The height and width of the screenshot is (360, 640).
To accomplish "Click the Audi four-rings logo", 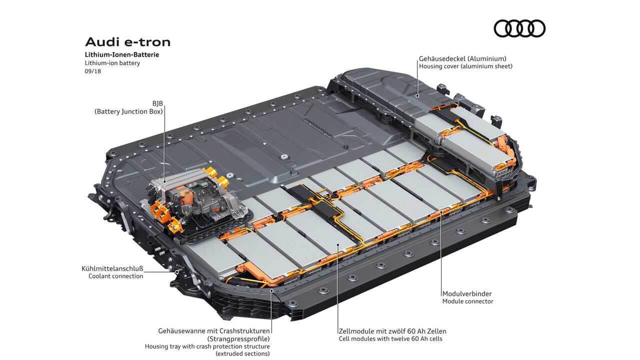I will click(x=519, y=28).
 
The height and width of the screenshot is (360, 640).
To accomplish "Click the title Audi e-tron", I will click(x=127, y=41).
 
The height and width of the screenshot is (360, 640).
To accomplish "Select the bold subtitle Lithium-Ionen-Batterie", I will click(x=121, y=54).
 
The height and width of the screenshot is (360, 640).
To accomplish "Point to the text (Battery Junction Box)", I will click(x=129, y=112).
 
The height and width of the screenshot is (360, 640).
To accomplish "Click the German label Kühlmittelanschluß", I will click(x=112, y=268).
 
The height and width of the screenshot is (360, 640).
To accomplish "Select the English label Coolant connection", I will click(x=115, y=276).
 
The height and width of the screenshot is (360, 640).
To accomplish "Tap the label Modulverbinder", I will click(x=467, y=293).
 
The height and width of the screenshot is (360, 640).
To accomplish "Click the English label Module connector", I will click(x=467, y=301).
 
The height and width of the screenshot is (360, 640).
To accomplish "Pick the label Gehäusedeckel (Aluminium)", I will click(x=462, y=58).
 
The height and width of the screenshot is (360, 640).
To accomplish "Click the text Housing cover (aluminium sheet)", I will click(x=465, y=66).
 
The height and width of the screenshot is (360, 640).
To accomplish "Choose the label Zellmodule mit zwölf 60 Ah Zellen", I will click(x=392, y=331).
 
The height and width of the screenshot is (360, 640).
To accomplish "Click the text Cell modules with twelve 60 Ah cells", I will click(x=390, y=339).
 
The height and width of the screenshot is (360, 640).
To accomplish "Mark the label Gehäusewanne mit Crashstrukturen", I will click(x=214, y=331).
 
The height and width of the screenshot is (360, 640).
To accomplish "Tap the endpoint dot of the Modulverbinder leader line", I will click(x=441, y=212).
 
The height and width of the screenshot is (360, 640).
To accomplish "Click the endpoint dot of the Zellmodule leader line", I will click(x=338, y=245).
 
